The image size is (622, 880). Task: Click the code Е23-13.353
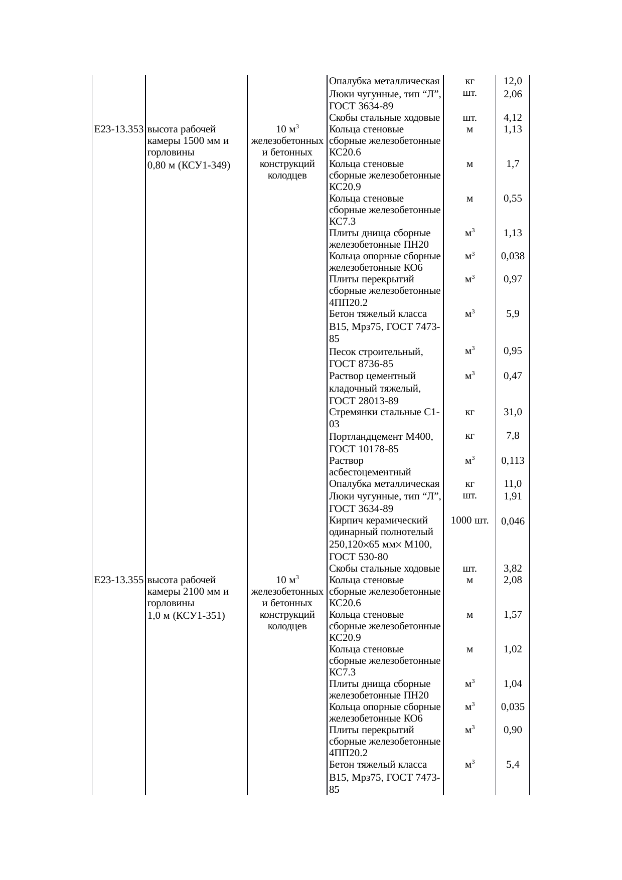click(x=119, y=129)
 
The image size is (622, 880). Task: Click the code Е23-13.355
click(x=119, y=580)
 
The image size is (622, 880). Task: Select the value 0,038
click(x=513, y=256)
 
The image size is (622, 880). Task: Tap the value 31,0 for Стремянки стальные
click(x=513, y=412)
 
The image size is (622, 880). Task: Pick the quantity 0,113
click(x=513, y=461)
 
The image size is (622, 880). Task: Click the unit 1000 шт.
click(x=470, y=520)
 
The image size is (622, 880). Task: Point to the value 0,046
click(x=513, y=521)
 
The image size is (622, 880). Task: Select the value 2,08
click(x=513, y=580)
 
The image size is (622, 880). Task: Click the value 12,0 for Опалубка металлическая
click(x=513, y=81)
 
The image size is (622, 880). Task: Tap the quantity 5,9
click(x=513, y=314)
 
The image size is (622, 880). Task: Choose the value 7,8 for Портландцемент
click(x=513, y=436)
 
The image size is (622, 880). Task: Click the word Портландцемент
click(x=365, y=437)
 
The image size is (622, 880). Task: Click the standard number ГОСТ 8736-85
click(x=361, y=364)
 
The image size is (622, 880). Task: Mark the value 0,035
click(x=513, y=707)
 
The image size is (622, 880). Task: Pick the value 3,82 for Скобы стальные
click(x=513, y=569)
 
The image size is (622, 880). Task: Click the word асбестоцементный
click(x=370, y=472)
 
